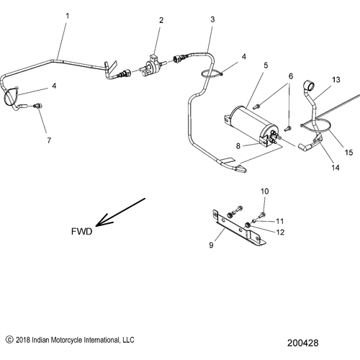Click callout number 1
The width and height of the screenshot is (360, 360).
(x=68, y=15)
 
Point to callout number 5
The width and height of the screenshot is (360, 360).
(x=266, y=66)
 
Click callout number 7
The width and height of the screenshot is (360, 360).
(x=49, y=140)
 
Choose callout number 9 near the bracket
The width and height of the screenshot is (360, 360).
(x=212, y=246)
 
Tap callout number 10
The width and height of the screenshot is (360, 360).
(x=264, y=191)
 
